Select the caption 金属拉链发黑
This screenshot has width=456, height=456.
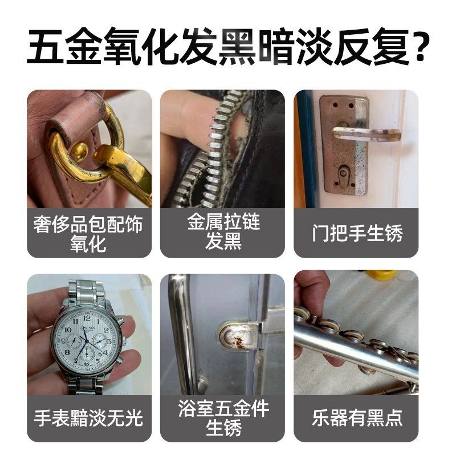coord(222,231)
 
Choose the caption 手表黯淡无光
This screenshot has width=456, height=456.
coord(89,418)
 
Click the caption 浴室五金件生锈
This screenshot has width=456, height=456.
coord(222,418)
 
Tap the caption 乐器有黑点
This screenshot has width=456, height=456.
coord(357,418)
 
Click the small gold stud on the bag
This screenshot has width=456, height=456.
coord(79,152)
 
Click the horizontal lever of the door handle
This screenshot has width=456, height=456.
coord(365,132)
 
